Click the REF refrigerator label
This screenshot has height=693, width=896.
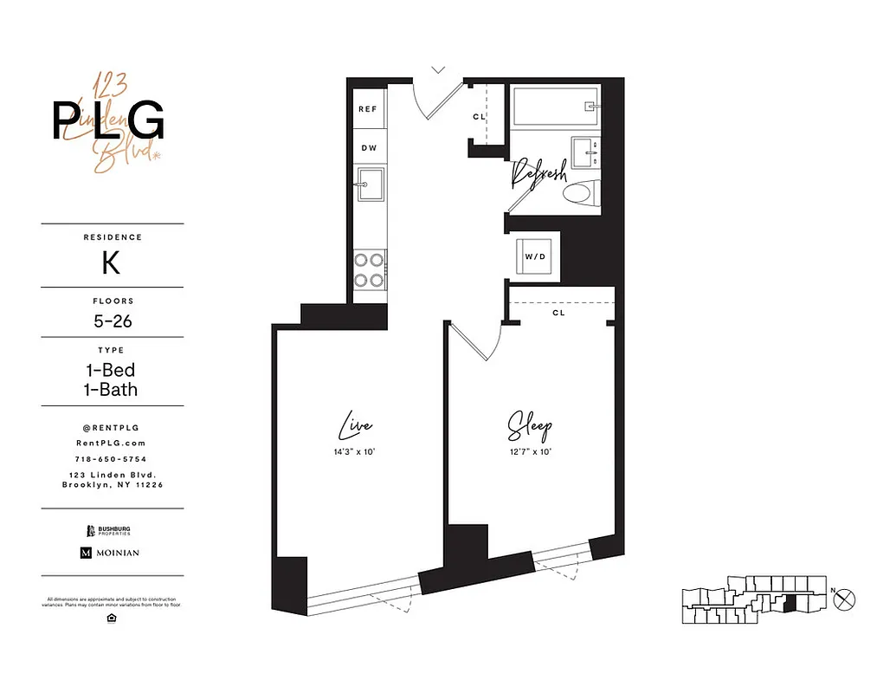tap(368, 109)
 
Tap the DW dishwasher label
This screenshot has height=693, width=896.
tap(369, 148)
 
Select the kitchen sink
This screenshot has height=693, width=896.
tap(371, 184)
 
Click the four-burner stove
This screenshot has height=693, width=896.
tap(370, 269)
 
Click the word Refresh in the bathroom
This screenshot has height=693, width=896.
tap(538, 173)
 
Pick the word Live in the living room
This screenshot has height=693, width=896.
tap(355, 426)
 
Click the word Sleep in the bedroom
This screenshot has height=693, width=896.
tap(529, 427)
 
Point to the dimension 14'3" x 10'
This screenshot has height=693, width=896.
tap(355, 451)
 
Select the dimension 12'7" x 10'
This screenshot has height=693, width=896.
tap(529, 451)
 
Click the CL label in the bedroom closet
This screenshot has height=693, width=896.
tap(558, 313)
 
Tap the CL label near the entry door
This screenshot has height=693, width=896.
tap(479, 117)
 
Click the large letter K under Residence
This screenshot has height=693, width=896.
tap(111, 263)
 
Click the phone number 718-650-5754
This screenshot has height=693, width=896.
tap(113, 458)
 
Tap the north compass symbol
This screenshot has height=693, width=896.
tap(847, 598)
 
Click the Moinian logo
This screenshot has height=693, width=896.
tap(110, 553)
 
